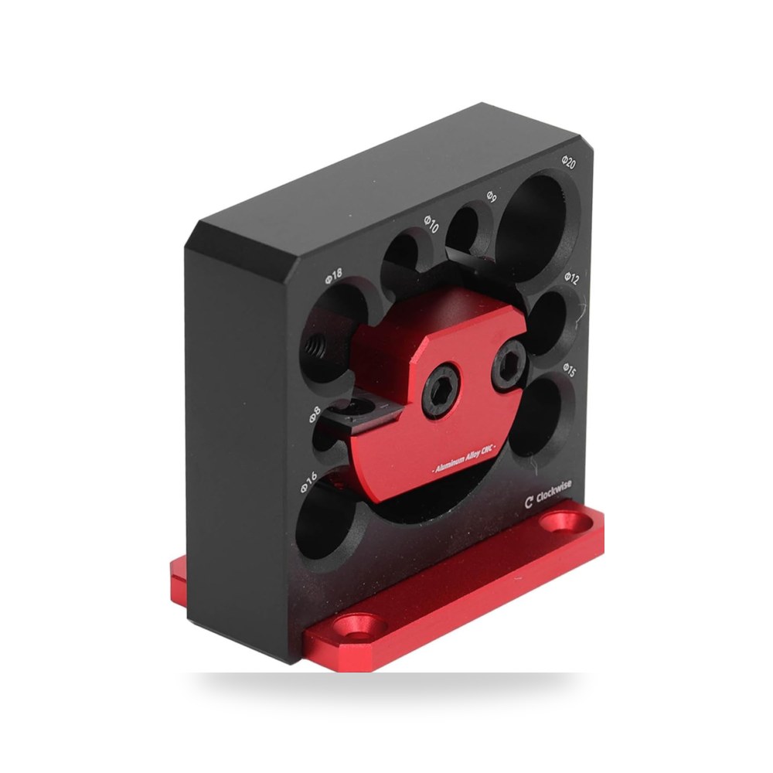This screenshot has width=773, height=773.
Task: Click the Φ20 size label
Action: (568, 162)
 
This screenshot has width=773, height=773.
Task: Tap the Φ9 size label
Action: (491, 196)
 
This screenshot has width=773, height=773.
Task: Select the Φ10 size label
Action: (431, 224)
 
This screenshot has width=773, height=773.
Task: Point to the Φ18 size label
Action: (333, 277)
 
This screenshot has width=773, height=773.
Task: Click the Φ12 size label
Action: (571, 278)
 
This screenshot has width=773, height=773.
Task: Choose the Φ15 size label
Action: (569, 369)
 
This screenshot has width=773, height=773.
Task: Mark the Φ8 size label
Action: (315, 414)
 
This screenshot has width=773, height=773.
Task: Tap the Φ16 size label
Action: (308, 483)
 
